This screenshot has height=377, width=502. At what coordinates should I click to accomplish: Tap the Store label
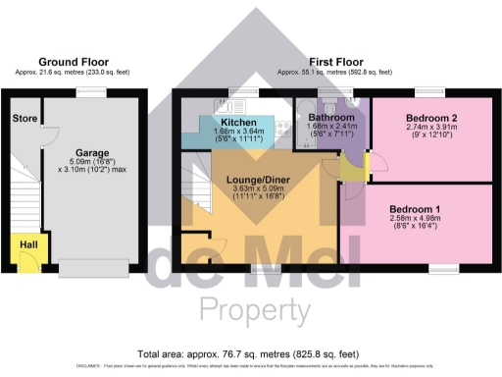[x=25, y=119]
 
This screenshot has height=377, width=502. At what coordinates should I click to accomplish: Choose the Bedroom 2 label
[x=430, y=117]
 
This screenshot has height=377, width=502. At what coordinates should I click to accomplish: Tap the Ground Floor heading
[x=74, y=61]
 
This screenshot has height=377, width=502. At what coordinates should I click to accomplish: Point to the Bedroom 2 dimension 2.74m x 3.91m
[x=430, y=129]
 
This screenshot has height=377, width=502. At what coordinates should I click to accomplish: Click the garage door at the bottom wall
[x=92, y=267]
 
